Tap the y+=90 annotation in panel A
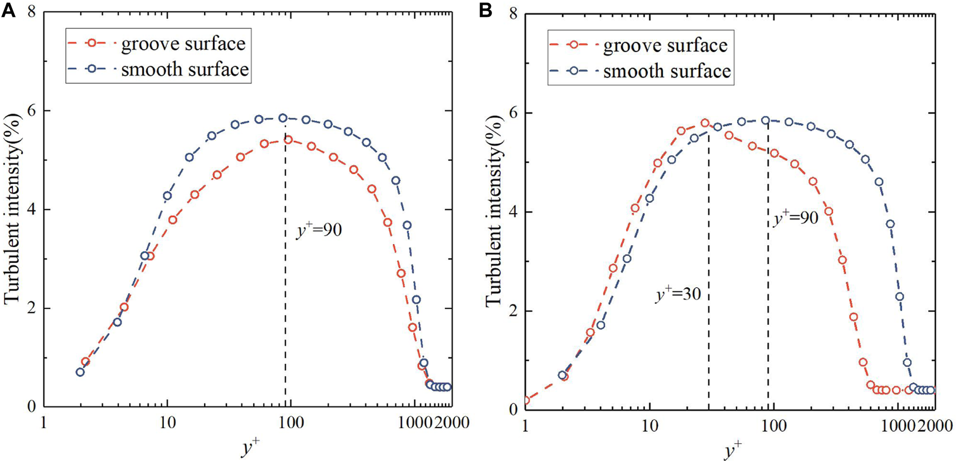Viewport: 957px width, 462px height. click(319, 230)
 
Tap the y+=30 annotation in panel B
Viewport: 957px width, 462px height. click(678, 294)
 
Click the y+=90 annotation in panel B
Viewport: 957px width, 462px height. click(796, 218)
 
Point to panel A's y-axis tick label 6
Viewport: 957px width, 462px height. click(32, 110)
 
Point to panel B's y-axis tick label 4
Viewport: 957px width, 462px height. click(513, 212)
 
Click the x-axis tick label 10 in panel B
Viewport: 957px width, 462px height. click(649, 425)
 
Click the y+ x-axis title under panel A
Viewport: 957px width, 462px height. click(250, 447)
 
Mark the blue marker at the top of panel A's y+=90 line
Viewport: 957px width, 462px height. click(283, 118)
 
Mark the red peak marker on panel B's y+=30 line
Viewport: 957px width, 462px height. click(705, 123)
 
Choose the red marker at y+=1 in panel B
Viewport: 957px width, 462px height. click(525, 400)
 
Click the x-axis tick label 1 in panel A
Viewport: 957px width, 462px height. click(44, 423)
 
